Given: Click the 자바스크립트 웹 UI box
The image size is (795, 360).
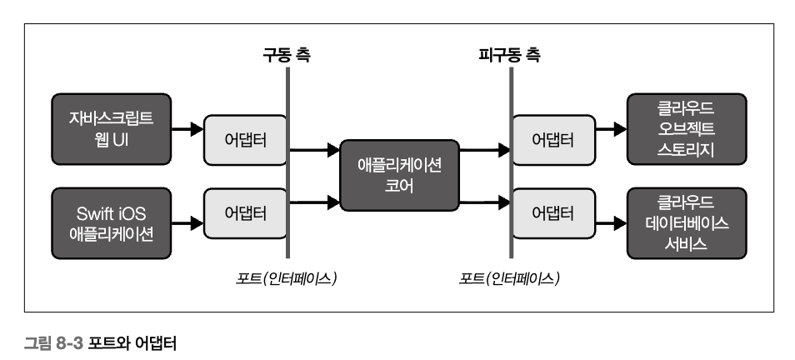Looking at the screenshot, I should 111,129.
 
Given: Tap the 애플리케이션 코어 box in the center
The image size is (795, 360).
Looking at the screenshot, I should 398,176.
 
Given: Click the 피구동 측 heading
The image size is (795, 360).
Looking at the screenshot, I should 509,56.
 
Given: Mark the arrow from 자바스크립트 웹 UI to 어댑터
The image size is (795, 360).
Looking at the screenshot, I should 188,129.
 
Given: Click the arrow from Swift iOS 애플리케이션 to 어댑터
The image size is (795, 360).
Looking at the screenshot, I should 188,223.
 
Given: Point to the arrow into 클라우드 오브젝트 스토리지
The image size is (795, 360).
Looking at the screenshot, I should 612,129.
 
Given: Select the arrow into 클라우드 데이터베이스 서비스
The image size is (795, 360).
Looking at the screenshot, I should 612,223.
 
